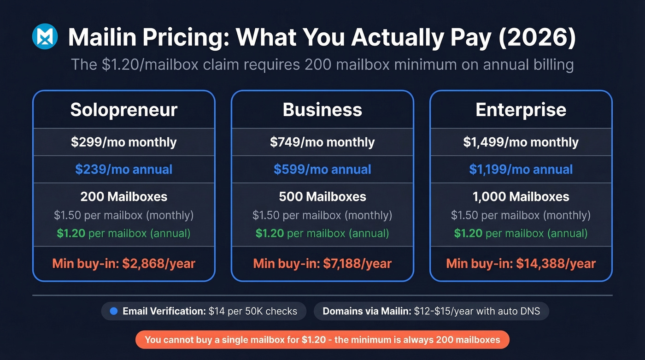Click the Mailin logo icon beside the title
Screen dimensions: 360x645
point(45,37)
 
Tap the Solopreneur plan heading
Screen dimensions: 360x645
point(123,110)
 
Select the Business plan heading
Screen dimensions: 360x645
point(322,110)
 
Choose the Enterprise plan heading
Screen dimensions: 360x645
point(521,110)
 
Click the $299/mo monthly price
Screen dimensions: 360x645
point(123,142)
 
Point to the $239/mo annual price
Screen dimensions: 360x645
point(123,169)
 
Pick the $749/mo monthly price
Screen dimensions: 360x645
point(322,142)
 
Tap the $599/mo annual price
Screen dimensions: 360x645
point(322,169)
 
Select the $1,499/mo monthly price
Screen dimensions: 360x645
point(521,142)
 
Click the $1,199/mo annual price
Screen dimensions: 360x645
point(521,169)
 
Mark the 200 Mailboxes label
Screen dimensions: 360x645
point(123,197)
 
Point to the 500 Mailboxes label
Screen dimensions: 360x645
point(322,197)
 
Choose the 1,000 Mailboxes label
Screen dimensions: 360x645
point(521,197)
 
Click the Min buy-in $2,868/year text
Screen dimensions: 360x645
point(123,264)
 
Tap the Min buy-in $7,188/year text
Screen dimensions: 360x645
point(322,264)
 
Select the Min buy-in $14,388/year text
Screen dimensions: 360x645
point(521,264)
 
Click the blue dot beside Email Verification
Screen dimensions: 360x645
point(114,311)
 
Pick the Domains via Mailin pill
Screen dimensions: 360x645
point(432,311)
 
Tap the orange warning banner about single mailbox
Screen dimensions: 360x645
point(322,340)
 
